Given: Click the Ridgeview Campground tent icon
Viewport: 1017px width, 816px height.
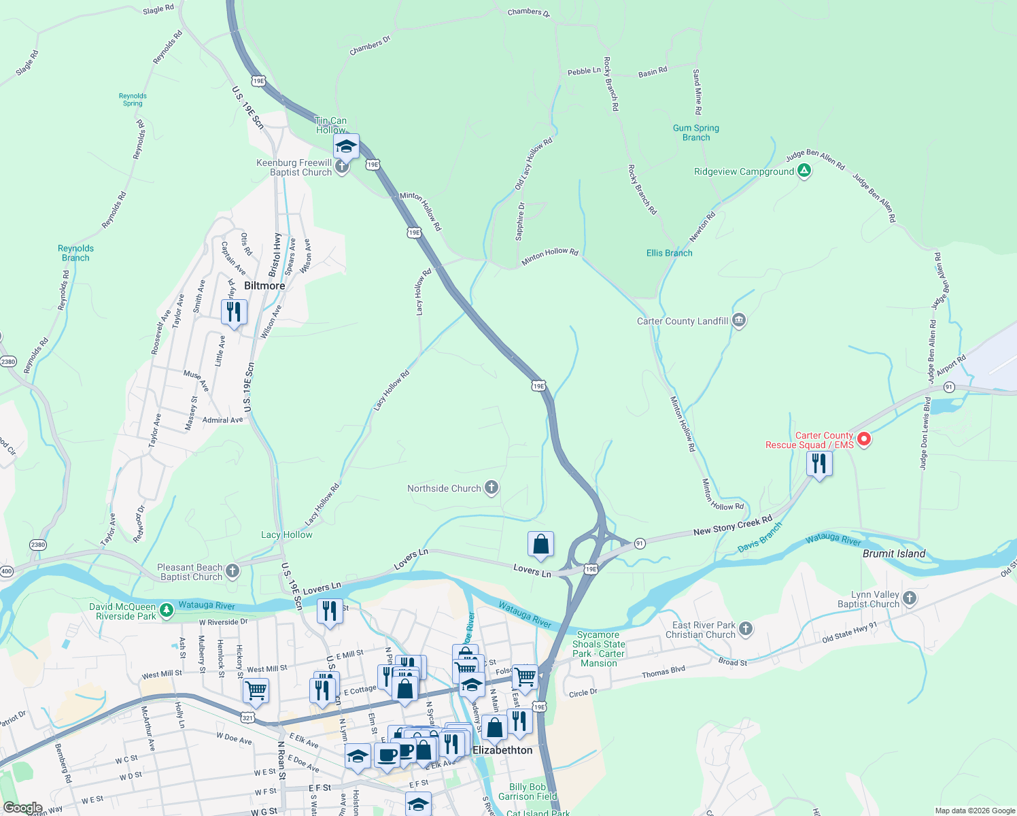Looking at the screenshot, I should pyautogui.click(x=804, y=171).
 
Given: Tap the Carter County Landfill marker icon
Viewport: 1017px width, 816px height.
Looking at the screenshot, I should pyautogui.click(x=739, y=320).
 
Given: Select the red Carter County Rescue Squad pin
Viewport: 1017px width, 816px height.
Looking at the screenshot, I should pyautogui.click(x=863, y=439).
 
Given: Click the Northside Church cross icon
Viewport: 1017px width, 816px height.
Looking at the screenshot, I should pyautogui.click(x=492, y=488).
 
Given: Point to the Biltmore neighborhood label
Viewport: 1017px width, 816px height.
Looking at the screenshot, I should pyautogui.click(x=264, y=286).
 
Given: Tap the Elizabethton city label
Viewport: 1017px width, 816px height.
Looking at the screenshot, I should pyautogui.click(x=502, y=750).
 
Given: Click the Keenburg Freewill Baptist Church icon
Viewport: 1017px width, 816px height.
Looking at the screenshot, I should pyautogui.click(x=342, y=166).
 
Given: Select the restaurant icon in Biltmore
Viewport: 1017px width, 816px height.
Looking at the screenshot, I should pyautogui.click(x=234, y=312).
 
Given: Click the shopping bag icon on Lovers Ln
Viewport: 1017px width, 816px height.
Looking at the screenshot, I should pyautogui.click(x=540, y=544).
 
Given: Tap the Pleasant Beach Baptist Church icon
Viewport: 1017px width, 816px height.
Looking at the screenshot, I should pyautogui.click(x=232, y=571).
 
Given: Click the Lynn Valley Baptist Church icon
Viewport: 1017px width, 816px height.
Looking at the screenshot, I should pyautogui.click(x=910, y=598).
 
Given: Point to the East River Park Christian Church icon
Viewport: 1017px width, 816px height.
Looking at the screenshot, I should pyautogui.click(x=746, y=629).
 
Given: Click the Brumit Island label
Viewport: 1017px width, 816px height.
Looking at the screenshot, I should pyautogui.click(x=893, y=554).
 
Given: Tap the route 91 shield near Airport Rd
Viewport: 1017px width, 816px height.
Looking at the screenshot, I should pyautogui.click(x=949, y=387).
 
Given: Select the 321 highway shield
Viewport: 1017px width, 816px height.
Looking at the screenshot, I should pyautogui.click(x=247, y=717).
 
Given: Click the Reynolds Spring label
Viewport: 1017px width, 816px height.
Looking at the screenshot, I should pyautogui.click(x=133, y=99).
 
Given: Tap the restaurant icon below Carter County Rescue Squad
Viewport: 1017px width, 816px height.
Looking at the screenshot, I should pyautogui.click(x=819, y=464).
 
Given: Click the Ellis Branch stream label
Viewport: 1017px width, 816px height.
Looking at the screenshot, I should pyautogui.click(x=669, y=253).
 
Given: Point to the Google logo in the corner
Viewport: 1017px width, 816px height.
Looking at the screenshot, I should pyautogui.click(x=22, y=808).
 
